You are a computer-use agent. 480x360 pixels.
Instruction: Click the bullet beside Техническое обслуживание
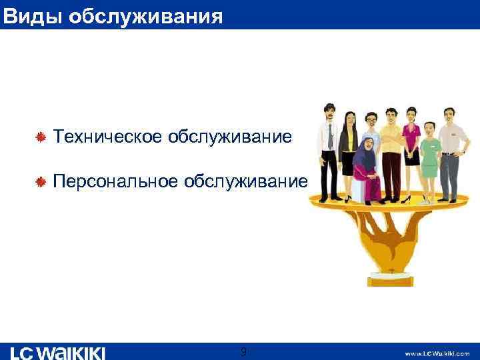[41, 137]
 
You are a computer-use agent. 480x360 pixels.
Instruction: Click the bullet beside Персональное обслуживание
[41, 181]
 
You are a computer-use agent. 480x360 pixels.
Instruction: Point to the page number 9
[243, 351]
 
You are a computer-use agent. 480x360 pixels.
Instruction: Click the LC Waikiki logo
[59, 351]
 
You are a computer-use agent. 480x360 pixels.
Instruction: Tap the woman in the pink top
[412, 147]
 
